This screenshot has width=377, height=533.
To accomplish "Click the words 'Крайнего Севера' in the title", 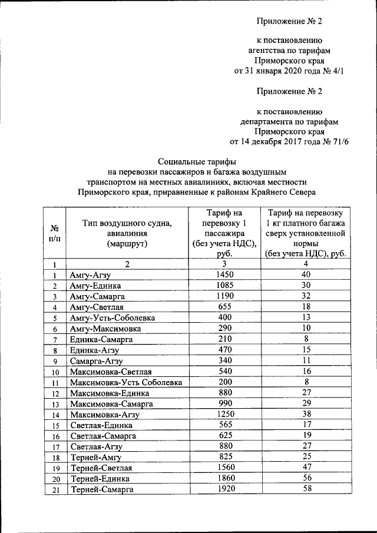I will click(x=286, y=191).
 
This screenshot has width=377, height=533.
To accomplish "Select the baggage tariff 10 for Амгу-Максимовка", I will click(x=305, y=329).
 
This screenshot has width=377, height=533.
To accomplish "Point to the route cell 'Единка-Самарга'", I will click(x=101, y=340).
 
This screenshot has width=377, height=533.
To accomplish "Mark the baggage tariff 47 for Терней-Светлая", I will click(x=305, y=468).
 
